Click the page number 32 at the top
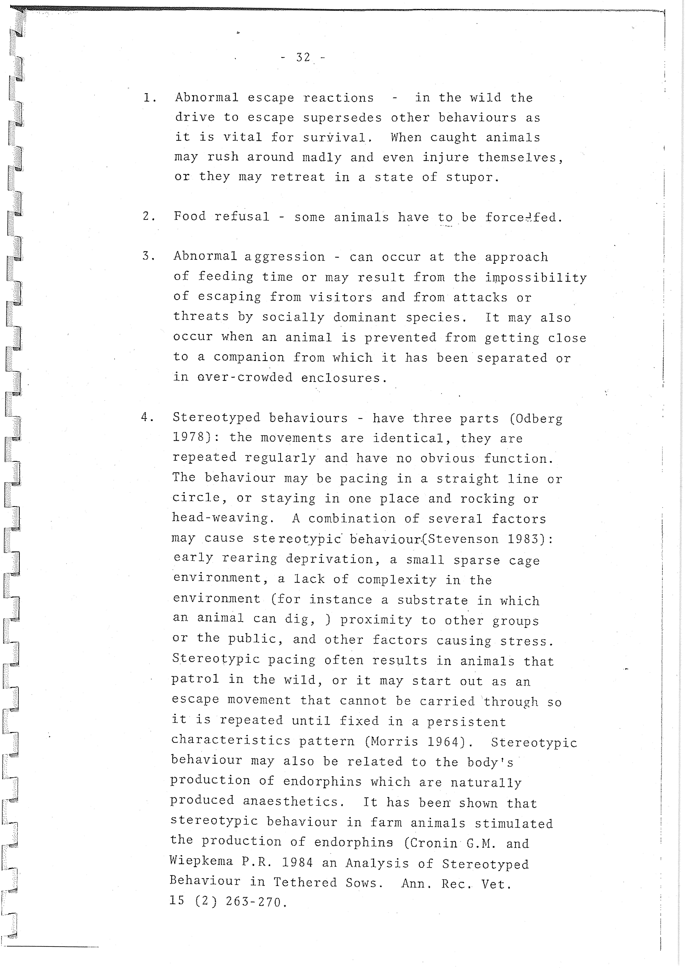coord(303,57)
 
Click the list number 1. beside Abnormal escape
coord(149,98)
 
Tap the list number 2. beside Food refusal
coord(149,217)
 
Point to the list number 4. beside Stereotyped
coord(147,417)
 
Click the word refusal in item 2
coord(242,217)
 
